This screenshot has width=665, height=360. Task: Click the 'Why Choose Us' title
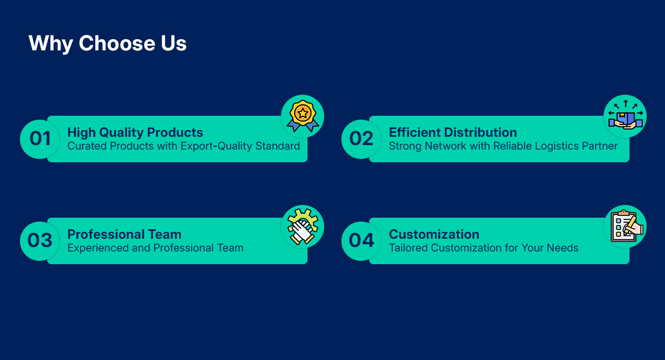108,44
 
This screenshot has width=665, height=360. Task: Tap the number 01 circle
40,139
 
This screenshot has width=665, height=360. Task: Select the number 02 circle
361,139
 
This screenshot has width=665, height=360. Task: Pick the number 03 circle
40,241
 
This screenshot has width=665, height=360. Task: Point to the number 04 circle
361,241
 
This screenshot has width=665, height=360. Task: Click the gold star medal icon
303,116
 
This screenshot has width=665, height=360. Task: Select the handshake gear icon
303,227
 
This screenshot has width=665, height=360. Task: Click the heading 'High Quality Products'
135,132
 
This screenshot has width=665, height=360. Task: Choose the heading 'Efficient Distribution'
453,132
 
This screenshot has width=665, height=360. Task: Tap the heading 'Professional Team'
124,234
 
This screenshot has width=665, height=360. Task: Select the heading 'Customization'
434,234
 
